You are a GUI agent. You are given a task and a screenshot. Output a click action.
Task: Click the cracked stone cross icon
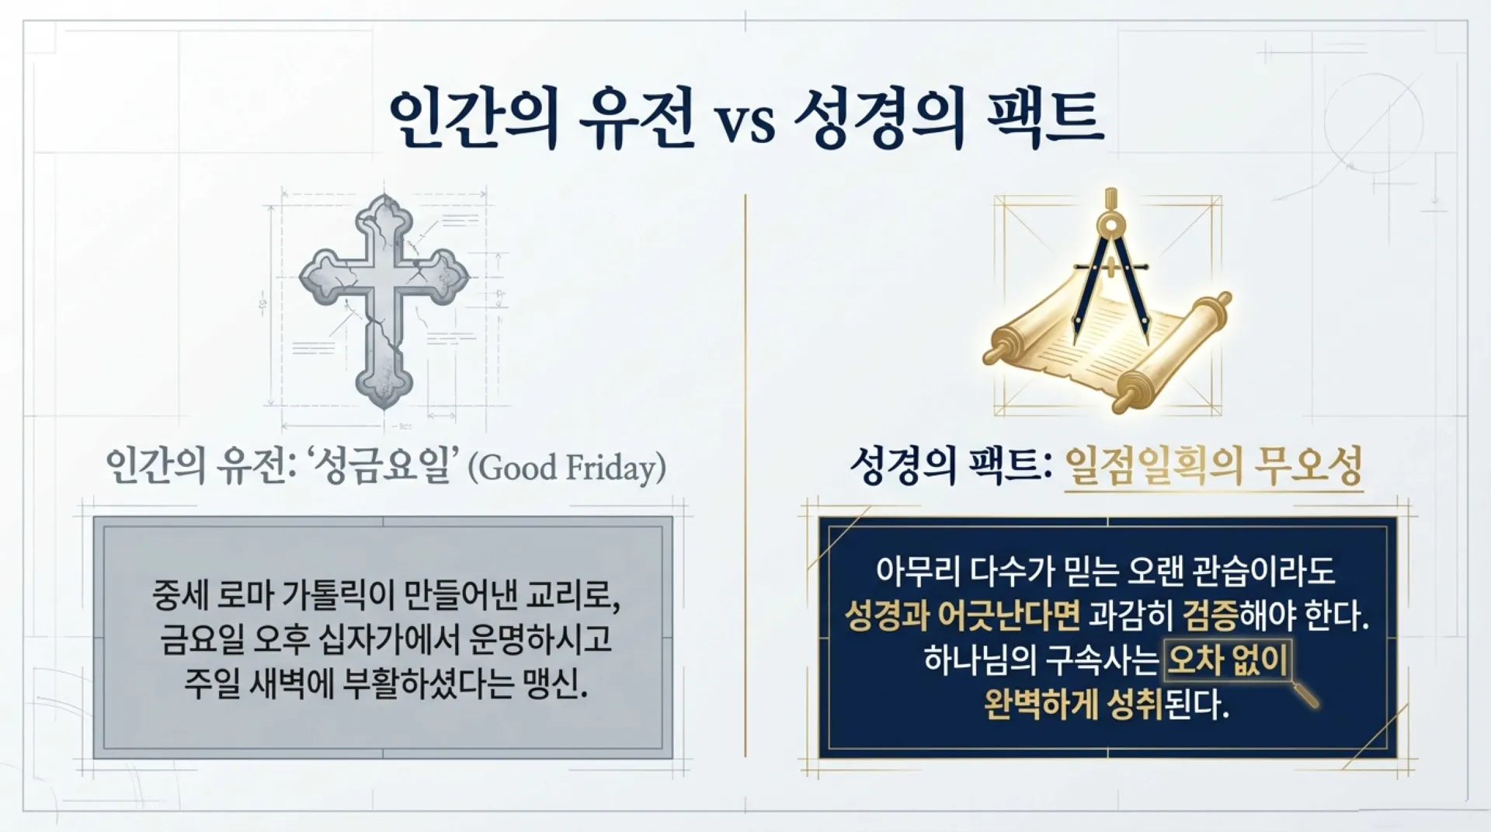[384, 301]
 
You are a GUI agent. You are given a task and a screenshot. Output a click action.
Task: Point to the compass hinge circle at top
[1112, 225]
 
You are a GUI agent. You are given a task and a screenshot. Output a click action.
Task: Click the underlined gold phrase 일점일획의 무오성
[1214, 466]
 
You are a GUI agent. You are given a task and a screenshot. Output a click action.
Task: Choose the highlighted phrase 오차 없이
[1227, 660]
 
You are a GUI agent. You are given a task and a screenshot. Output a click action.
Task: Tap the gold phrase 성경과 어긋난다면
[961, 616]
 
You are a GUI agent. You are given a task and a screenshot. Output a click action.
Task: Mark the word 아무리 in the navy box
[919, 571]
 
